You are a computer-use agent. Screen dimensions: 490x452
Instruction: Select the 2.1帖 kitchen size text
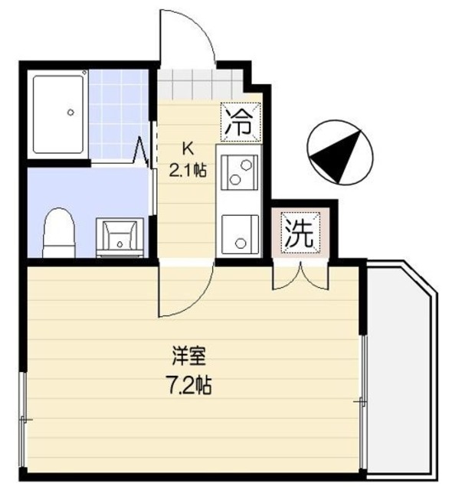188,170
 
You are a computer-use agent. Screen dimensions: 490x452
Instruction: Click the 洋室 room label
187,356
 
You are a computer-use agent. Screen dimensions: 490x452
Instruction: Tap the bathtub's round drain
70,113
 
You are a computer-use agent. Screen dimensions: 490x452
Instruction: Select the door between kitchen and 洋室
184,289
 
